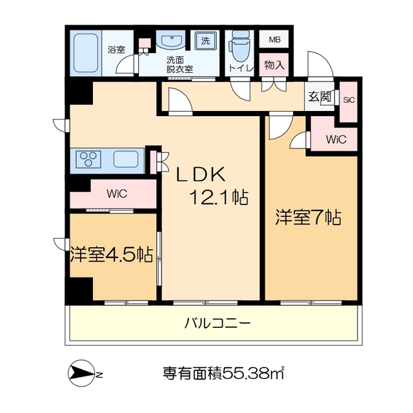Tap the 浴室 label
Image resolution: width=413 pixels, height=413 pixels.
[x=117, y=49]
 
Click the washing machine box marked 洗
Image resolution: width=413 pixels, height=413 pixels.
[x=206, y=41]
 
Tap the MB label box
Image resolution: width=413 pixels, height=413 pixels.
[x=275, y=39]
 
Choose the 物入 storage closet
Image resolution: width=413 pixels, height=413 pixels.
[x=275, y=65]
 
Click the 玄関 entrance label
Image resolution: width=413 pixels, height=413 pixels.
[x=319, y=97]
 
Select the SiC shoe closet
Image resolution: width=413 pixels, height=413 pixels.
[x=349, y=100]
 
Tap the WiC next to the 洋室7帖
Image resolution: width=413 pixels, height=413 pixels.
[x=336, y=139]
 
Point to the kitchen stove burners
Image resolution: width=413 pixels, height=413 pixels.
[x=90, y=159]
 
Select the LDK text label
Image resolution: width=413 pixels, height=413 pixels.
[x=201, y=174]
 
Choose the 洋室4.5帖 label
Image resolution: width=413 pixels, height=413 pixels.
[x=112, y=254]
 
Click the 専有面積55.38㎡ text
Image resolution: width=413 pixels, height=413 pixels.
[x=224, y=372]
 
